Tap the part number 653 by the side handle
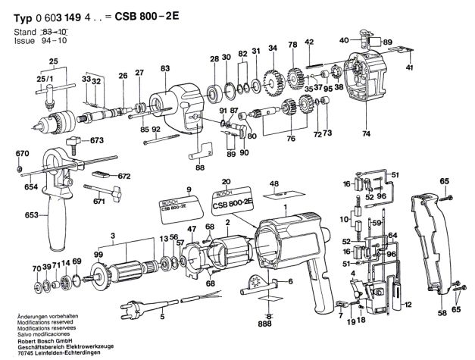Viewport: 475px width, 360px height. coord(10,216)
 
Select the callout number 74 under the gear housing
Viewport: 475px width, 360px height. coord(367,134)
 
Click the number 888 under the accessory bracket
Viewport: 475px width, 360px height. coord(264,321)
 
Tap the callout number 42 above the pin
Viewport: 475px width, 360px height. coord(309,41)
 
